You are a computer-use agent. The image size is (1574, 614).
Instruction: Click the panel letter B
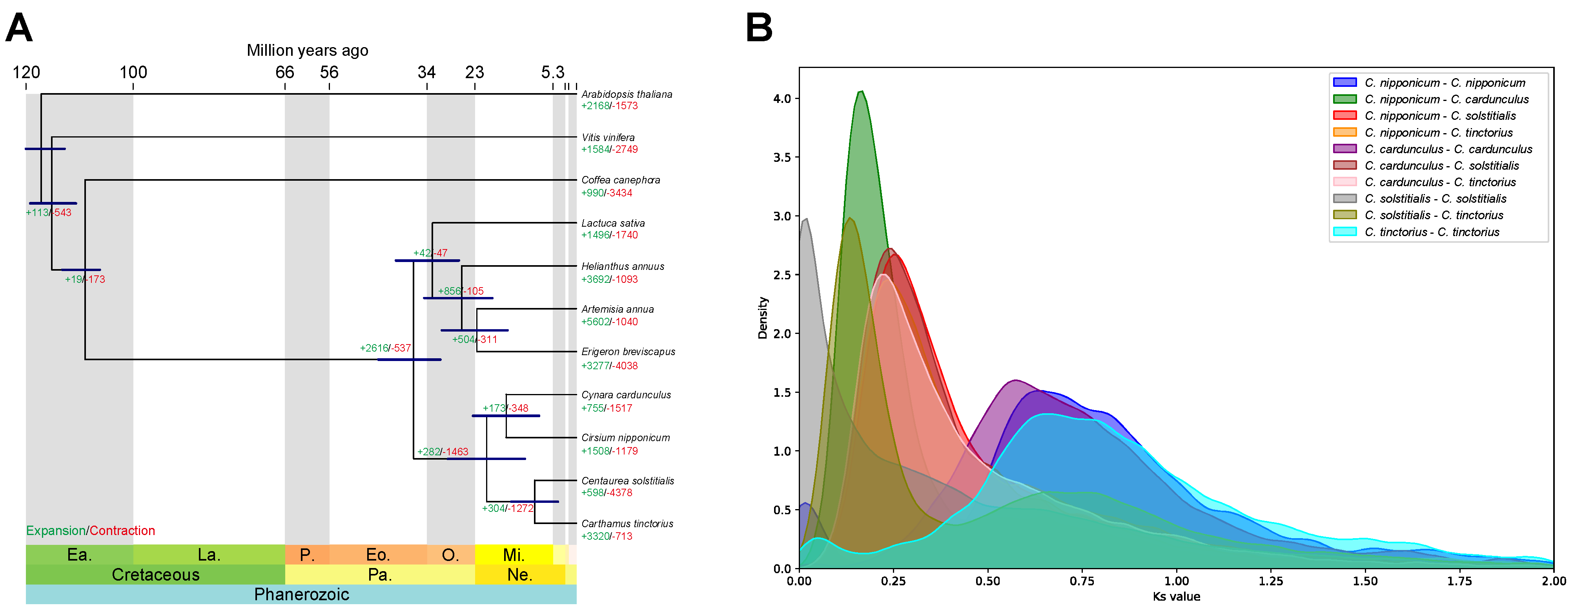click(x=760, y=28)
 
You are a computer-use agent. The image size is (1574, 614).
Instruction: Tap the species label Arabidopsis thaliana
click(x=626, y=94)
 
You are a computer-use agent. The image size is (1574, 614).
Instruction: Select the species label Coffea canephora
click(x=620, y=180)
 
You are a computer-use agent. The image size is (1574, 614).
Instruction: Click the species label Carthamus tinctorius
click(x=627, y=524)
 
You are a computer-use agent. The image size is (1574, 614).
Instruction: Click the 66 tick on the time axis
click(x=285, y=73)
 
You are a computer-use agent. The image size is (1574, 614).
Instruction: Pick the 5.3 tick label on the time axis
click(x=552, y=73)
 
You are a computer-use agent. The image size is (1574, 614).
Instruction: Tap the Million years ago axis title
click(x=307, y=50)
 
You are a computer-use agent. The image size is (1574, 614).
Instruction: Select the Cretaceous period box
click(x=155, y=575)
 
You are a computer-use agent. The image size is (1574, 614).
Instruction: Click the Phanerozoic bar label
click(x=301, y=594)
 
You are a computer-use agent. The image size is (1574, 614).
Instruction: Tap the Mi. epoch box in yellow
click(x=513, y=555)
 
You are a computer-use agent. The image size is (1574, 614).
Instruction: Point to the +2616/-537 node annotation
click(x=385, y=348)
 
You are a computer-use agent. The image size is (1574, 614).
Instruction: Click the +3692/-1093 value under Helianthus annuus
click(x=609, y=279)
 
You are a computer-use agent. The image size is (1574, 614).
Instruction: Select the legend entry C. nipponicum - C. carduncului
click(x=1446, y=99)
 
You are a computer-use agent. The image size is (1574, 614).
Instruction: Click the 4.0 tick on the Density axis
click(x=782, y=99)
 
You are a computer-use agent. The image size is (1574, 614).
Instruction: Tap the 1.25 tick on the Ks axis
click(x=1271, y=581)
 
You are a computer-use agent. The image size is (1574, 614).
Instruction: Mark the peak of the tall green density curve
click(x=862, y=92)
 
